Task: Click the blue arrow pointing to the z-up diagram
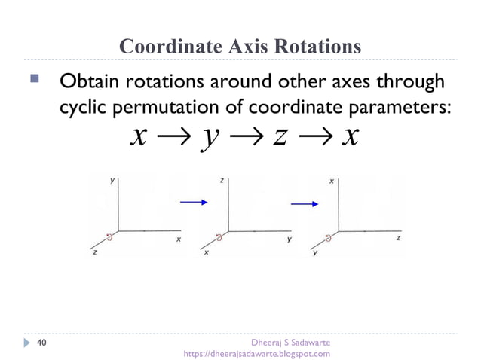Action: coord(193,201)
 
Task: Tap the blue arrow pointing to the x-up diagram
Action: coord(304,203)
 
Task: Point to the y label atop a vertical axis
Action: coord(112,181)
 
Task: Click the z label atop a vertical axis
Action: coord(222,181)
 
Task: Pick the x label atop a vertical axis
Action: coord(332,182)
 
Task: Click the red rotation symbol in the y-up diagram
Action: coord(109,236)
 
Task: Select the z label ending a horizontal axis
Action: coord(398,237)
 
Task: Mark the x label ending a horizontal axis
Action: coord(179,239)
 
